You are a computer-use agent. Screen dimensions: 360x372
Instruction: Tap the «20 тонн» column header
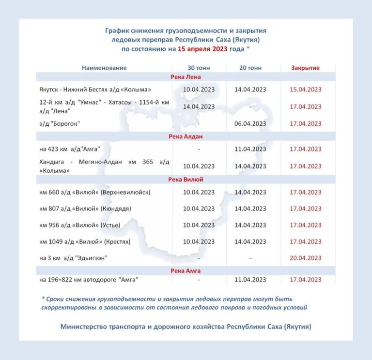pos(250,68)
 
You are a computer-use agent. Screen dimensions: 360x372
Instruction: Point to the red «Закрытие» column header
pos(305,68)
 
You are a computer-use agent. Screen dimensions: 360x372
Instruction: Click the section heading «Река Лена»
pos(186,77)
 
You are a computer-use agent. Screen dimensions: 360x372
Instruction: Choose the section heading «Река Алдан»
pos(186,137)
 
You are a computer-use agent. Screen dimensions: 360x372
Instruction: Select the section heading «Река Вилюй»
pos(186,180)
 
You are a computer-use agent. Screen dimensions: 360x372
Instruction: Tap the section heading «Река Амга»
pos(186,270)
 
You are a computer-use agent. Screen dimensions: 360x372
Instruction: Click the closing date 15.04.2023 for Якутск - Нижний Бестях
pos(305,90)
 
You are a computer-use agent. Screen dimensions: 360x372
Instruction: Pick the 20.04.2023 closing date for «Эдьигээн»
pos(305,258)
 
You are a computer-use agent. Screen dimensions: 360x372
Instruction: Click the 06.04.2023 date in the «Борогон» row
pos(250,123)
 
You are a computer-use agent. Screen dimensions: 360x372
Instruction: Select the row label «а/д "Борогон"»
pos(60,123)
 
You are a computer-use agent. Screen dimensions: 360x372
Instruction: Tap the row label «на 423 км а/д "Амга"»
pos(71,149)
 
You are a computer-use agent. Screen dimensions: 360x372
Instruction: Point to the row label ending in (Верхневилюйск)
pos(95,192)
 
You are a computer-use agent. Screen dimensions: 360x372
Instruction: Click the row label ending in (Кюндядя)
pos(85,209)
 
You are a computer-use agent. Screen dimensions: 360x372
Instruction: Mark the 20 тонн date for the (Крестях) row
pos(250,241)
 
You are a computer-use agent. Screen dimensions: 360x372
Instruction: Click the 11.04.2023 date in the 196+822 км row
pos(250,280)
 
